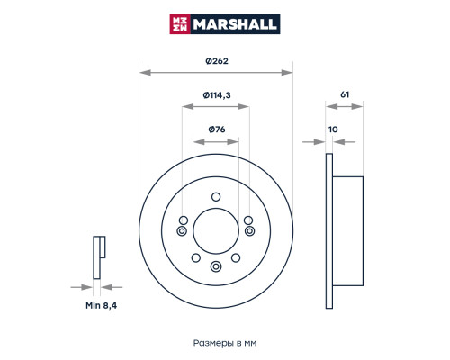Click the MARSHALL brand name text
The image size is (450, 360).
[x=235, y=24]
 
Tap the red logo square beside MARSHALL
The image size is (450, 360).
[x=180, y=24]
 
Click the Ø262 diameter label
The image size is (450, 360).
[x=217, y=61]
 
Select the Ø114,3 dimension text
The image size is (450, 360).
[x=217, y=95]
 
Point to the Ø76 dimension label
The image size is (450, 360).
[x=217, y=130]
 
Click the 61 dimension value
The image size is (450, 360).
[x=345, y=94]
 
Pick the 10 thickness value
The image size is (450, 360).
[x=333, y=130]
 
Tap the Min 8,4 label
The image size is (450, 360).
[x=101, y=305]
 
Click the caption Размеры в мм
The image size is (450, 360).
[x=225, y=343]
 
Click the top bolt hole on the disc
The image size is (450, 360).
[x=216, y=197]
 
